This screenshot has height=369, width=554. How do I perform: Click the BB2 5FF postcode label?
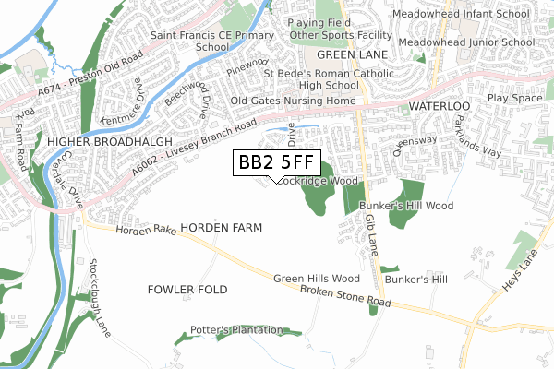(x=275, y=163)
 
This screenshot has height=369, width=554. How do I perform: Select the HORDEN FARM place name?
(x=222, y=227)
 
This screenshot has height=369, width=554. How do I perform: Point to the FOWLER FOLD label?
(x=187, y=290)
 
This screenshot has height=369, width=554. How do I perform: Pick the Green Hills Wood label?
(x=316, y=279)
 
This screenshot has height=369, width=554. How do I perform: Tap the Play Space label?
(x=514, y=98)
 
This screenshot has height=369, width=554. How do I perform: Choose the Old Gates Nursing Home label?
(x=293, y=101)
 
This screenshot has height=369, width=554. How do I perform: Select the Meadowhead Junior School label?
(x=467, y=42)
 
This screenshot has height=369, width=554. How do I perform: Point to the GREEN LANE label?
(x=367, y=54)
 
